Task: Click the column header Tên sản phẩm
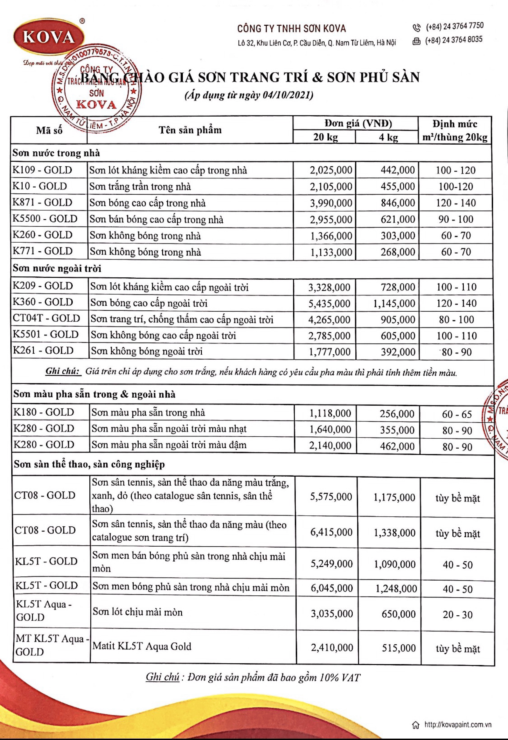190,130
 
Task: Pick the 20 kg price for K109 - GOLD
331,170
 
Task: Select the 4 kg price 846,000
398,203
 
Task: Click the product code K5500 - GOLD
45,219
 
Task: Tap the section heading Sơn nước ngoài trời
57,268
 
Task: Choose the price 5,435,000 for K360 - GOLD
329,303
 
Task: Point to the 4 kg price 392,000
398,352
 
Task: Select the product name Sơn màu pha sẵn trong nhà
148,413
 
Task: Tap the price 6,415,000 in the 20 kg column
331,532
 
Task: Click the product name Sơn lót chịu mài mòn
138,612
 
